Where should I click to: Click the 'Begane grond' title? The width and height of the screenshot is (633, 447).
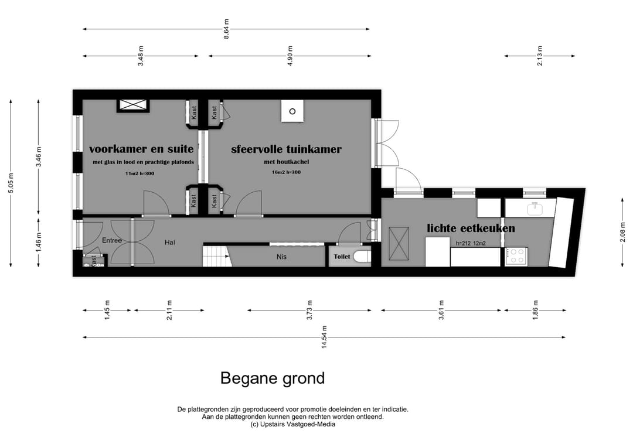pos(272,378)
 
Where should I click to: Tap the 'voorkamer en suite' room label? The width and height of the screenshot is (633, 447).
pos(141,149)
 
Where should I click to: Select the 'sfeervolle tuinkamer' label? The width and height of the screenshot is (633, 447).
pos(286,149)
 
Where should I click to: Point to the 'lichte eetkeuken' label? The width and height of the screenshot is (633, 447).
pos(471,228)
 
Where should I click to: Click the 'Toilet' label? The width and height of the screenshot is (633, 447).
pos(342,257)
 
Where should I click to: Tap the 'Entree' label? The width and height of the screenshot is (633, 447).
pos(112,241)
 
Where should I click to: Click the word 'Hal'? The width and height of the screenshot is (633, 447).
pos(170,242)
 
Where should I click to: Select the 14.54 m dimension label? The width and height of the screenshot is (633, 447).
pos(324,337)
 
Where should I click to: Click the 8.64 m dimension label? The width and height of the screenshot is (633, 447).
pos(226,29)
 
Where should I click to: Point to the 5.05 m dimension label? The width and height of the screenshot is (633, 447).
pos(11,183)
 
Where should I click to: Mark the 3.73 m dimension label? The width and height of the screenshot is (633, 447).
pos(309,310)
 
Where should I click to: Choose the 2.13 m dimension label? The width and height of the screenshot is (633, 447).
pos(540,56)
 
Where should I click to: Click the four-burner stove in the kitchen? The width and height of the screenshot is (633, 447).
pos(516,257)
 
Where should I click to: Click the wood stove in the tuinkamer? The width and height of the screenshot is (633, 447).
pos(292,111)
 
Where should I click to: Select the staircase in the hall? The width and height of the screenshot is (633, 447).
pos(215,255)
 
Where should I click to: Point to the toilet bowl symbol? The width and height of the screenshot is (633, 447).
pos(362,257)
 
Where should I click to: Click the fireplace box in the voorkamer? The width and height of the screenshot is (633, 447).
pos(134,105)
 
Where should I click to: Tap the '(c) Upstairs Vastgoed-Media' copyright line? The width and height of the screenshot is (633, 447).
pos(292,425)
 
